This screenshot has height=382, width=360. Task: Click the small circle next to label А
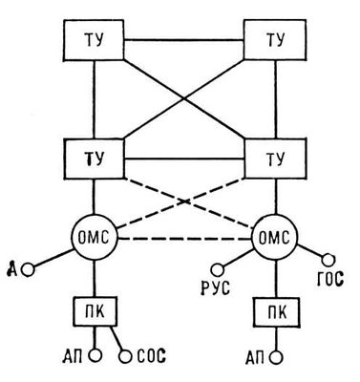[28, 270]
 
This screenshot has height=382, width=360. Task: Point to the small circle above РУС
[218, 270]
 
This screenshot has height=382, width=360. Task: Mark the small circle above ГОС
[328, 261]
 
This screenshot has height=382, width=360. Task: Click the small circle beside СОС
[125, 356]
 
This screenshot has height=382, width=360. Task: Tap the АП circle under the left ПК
[95, 354]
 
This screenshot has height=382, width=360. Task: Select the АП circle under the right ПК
[276, 357]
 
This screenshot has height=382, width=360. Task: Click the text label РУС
[216, 288]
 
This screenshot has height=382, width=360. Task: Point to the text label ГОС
[330, 279]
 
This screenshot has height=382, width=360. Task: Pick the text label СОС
[152, 356]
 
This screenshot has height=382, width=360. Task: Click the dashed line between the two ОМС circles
[184, 239]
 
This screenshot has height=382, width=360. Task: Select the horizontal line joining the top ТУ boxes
[184, 40]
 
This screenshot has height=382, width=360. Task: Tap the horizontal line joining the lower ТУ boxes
[184, 159]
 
